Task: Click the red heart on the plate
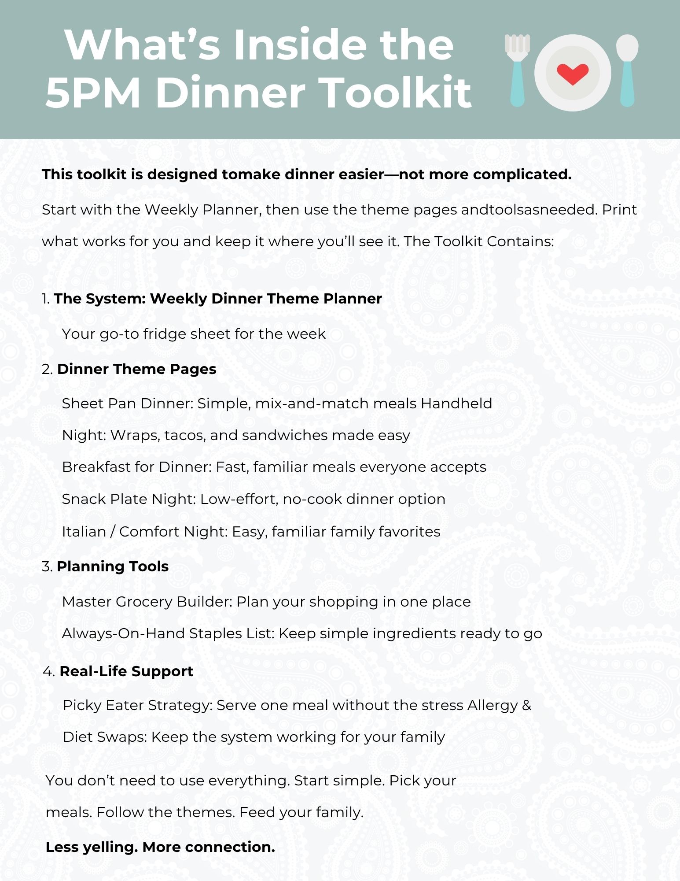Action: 572,74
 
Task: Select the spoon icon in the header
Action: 627,70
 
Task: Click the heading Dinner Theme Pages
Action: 136,369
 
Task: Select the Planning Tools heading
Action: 113,566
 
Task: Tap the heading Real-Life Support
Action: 126,671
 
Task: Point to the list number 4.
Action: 48,672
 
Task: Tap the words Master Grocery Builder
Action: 147,602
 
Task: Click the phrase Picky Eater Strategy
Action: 137,705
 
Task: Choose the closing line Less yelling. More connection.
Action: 160,847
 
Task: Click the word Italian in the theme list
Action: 84,532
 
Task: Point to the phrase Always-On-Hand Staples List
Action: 168,633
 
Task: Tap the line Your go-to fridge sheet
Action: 194,334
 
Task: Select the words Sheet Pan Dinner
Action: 127,403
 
